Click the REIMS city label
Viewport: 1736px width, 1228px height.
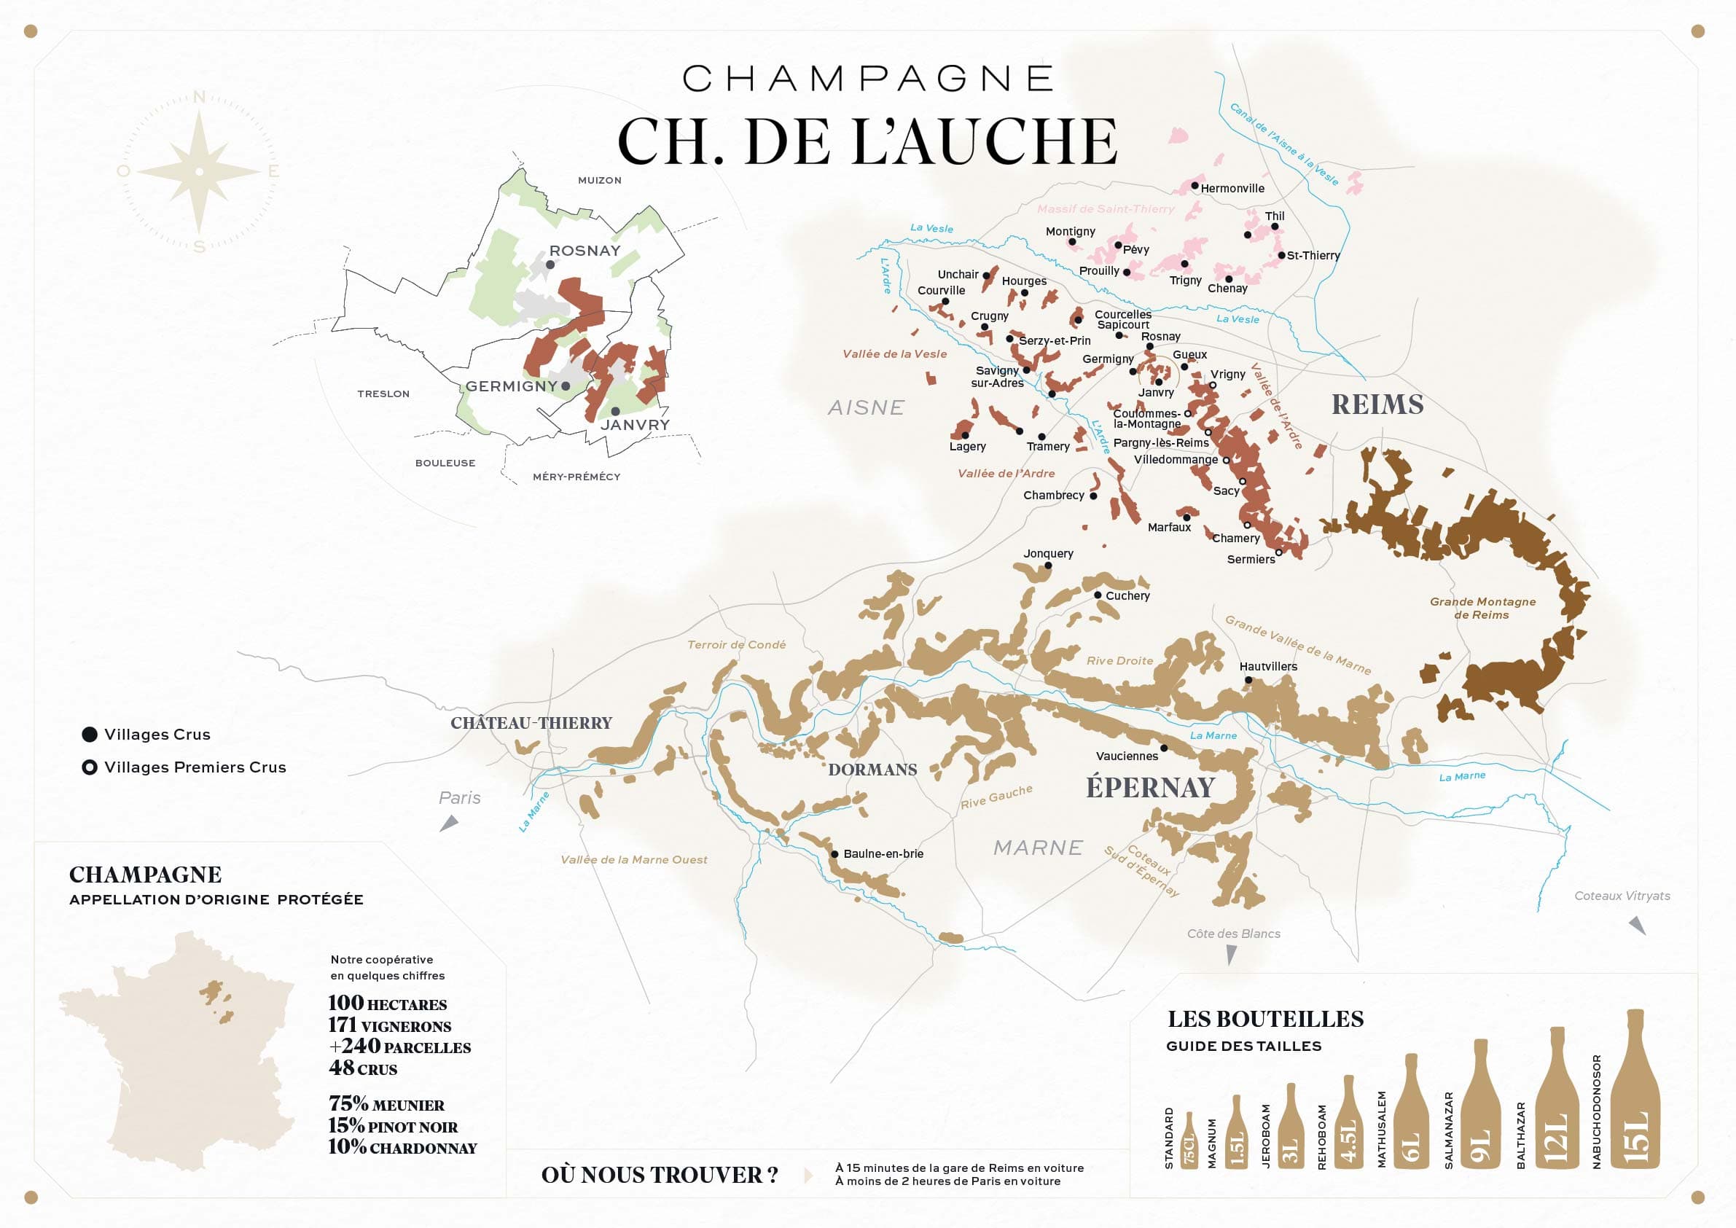pos(1377,404)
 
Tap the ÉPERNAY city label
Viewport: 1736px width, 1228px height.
pos(1150,787)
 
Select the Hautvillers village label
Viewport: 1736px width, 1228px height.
pos(1268,666)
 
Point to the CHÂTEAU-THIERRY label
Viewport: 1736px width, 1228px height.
pos(531,723)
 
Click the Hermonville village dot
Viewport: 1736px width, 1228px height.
pos(1195,185)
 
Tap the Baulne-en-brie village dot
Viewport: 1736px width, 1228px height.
pos(834,853)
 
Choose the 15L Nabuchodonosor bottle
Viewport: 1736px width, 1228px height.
pos(1635,1092)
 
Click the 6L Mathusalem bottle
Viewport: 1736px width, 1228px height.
pos(1411,1115)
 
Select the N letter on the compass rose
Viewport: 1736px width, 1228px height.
pos(199,97)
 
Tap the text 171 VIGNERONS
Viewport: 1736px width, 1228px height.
pos(389,1026)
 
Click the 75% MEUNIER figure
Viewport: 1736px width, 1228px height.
pos(386,1105)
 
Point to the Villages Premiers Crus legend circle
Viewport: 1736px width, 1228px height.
pos(89,767)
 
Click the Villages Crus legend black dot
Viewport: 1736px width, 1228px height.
pos(89,734)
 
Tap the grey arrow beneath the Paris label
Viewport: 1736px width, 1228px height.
pos(449,824)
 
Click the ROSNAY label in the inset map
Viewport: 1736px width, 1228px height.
pos(584,250)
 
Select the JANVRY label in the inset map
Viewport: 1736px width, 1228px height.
pos(635,425)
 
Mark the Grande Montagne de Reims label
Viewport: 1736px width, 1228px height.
pos(1482,608)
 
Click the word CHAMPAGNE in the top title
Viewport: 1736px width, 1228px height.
pos(867,79)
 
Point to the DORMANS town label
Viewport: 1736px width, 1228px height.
pos(872,770)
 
